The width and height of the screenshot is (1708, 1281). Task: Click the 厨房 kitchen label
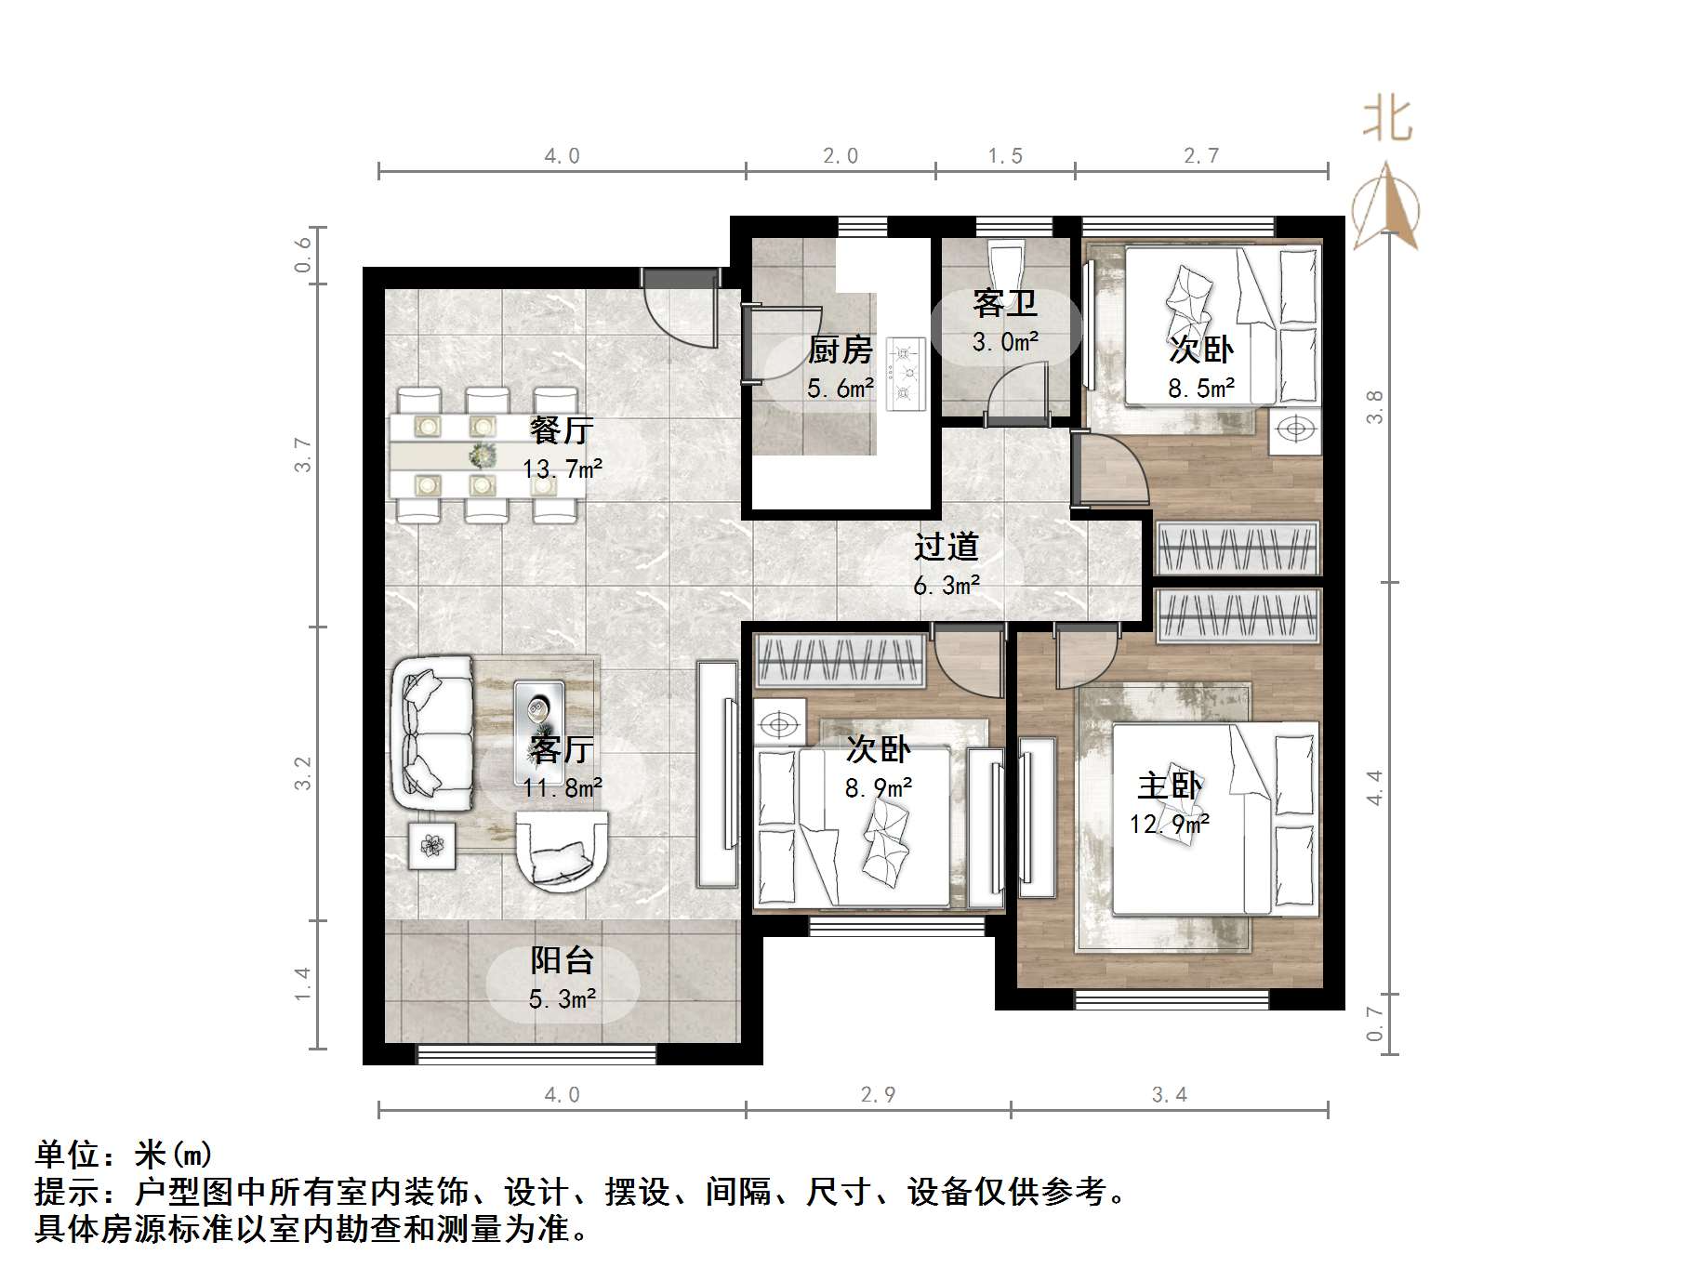click(x=840, y=350)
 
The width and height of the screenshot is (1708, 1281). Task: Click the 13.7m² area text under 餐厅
click(x=562, y=469)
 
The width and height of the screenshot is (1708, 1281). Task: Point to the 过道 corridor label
click(x=946, y=547)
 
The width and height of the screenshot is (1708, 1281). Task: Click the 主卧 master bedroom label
click(x=1170, y=786)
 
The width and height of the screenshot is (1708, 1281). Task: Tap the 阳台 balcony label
click(x=562, y=960)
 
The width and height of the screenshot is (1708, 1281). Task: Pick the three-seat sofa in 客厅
click(x=432, y=734)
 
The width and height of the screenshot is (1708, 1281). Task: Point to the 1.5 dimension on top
click(x=1005, y=156)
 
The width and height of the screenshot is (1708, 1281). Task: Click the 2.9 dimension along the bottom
click(x=878, y=1095)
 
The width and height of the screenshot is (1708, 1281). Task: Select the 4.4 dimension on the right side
click(x=1374, y=787)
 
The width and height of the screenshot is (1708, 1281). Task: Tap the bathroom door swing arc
click(x=1013, y=390)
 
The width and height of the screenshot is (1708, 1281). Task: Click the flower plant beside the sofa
click(x=431, y=846)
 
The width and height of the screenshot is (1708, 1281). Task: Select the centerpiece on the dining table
click(x=482, y=456)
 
